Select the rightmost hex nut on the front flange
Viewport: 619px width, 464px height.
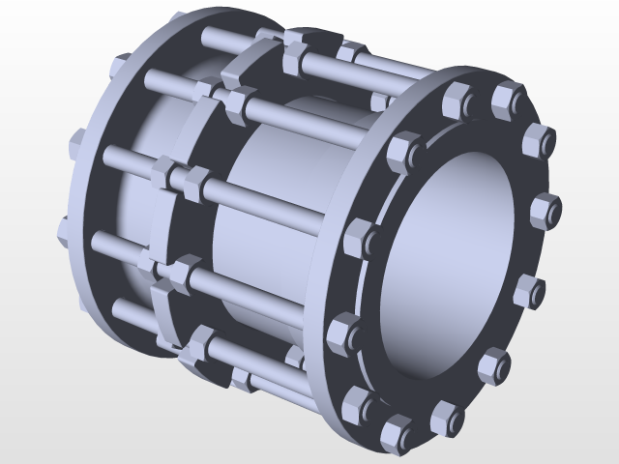click(545, 209)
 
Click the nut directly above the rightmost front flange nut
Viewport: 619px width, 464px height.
click(537, 141)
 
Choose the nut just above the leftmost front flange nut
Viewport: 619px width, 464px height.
click(401, 152)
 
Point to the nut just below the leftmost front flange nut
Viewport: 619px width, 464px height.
click(343, 331)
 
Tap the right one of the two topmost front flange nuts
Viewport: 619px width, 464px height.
click(507, 97)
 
